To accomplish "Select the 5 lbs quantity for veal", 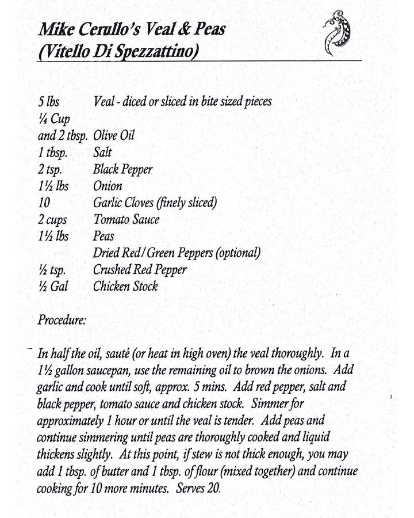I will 48,102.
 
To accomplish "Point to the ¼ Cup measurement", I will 53,119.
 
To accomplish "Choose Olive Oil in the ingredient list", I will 113,136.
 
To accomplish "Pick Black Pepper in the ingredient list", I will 122,170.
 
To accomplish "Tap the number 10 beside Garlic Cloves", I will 44,203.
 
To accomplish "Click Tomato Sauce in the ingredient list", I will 126,219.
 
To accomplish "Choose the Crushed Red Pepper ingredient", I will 140,269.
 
